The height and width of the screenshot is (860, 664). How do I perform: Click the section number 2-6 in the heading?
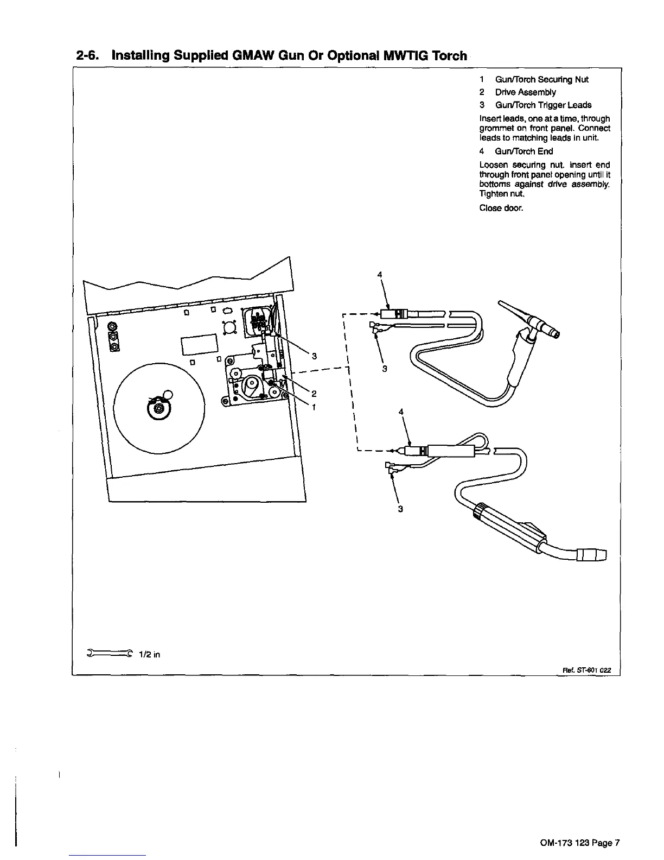click(x=90, y=56)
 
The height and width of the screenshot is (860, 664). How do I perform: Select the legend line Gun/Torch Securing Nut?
click(x=534, y=80)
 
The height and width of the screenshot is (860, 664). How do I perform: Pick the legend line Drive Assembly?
click(x=518, y=92)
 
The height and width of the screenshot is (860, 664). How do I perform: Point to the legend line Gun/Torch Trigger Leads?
click(x=536, y=105)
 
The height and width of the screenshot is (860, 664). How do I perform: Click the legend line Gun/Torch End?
click(x=516, y=151)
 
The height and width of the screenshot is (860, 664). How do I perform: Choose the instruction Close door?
click(x=501, y=208)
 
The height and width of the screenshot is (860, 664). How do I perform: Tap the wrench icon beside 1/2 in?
click(x=109, y=654)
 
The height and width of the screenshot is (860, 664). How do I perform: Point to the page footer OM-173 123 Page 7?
click(x=579, y=843)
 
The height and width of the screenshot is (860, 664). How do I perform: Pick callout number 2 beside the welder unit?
click(x=314, y=393)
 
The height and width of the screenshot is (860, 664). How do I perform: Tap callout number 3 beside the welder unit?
click(x=314, y=356)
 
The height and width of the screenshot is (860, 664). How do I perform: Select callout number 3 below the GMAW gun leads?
click(x=400, y=509)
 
